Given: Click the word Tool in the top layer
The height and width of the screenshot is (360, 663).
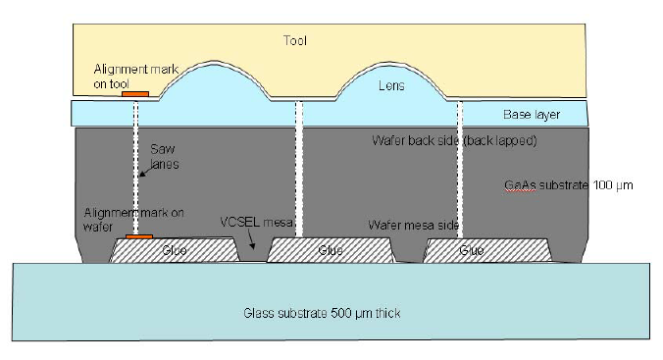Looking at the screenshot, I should pyautogui.click(x=294, y=41).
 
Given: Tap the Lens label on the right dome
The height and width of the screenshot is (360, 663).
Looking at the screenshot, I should pyautogui.click(x=391, y=86).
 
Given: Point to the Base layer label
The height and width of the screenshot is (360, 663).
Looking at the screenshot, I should pyautogui.click(x=531, y=115).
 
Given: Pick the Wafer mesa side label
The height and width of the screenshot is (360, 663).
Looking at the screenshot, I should pyautogui.click(x=413, y=225).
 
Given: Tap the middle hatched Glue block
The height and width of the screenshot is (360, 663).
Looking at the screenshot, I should pyautogui.click(x=331, y=251).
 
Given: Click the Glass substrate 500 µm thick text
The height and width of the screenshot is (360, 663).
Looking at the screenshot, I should pyautogui.click(x=323, y=313).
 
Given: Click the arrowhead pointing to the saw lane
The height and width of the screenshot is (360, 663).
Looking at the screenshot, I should pyautogui.click(x=139, y=178).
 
